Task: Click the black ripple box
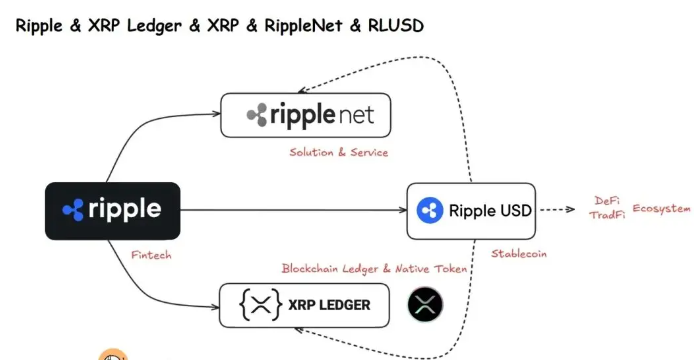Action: point(112,211)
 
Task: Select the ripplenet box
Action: point(305,115)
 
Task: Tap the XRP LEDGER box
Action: point(304,305)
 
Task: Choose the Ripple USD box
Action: point(471,211)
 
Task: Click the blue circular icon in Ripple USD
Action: point(429,210)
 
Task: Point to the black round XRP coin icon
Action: point(425,305)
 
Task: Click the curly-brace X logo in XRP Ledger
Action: point(260,305)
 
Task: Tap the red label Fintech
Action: point(151,255)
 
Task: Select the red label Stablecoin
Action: point(519,254)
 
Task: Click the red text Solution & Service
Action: point(338,152)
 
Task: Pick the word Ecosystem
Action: point(661,209)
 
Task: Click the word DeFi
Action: point(607,201)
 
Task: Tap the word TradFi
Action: point(607,215)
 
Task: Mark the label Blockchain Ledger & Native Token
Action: point(374,269)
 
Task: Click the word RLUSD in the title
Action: point(395,26)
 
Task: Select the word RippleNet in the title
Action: point(303,26)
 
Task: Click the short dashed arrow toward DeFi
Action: point(557,209)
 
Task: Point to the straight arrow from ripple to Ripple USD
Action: point(293,210)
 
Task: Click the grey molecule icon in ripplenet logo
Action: point(257,115)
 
